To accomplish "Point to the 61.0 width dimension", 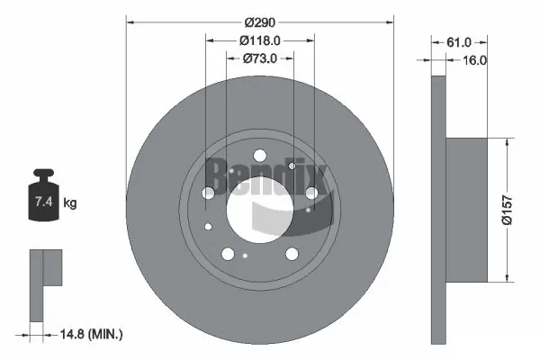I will click(459, 40).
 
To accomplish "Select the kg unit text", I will click(69, 203).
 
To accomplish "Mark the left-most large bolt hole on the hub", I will click(208, 192).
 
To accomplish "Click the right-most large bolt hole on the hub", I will click(311, 192).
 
